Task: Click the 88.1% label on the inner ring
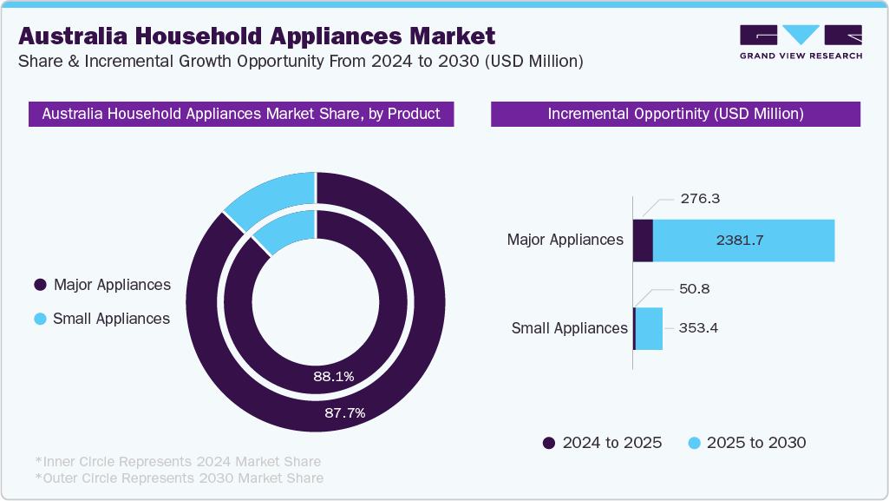(334, 376)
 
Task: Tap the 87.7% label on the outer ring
(344, 412)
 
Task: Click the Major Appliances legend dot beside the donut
(40, 285)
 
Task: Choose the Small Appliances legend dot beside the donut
(40, 319)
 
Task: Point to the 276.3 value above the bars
(702, 199)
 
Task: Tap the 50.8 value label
(695, 288)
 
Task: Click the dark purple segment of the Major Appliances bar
(643, 241)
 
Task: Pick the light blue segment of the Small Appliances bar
(649, 328)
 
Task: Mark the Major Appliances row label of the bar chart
(565, 240)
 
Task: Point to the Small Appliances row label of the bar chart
(569, 328)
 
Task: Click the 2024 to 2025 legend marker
(549, 443)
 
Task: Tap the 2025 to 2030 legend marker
(693, 443)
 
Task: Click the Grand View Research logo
(801, 41)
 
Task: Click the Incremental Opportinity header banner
(675, 114)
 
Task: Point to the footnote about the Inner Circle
(178, 461)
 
